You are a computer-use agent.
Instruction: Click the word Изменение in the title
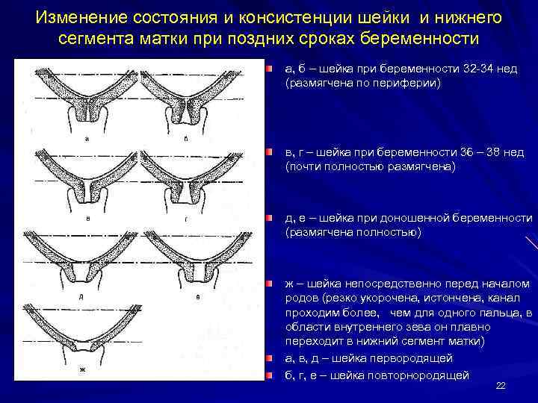81,16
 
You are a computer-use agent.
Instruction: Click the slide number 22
501,385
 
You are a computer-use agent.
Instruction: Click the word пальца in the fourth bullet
501,313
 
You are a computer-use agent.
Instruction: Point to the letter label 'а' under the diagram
88,139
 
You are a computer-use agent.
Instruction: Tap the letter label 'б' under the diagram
185,139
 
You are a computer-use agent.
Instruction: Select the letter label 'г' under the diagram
185,219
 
